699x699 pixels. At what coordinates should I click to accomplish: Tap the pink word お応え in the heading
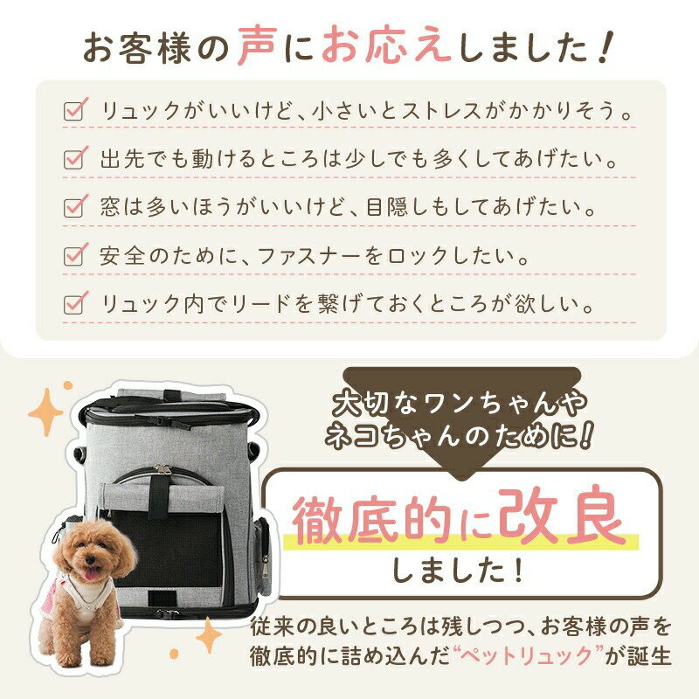(x=386, y=47)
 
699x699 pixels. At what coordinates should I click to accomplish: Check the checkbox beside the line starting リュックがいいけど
(x=74, y=112)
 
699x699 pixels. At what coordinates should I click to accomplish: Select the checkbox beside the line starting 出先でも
(x=74, y=160)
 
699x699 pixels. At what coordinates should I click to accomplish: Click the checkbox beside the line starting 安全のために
(x=74, y=257)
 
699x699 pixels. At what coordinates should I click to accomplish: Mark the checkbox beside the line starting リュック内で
(x=74, y=305)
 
